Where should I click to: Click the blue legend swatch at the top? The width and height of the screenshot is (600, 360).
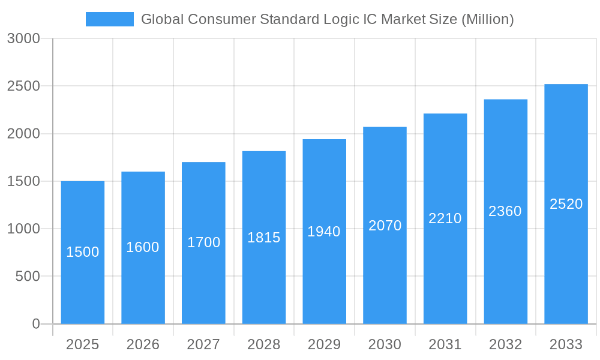tap(109, 19)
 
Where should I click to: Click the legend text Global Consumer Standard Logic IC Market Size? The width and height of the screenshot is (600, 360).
tap(327, 19)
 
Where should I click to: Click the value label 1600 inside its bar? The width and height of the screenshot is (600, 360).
tap(143, 247)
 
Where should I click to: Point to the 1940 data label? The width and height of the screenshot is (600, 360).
tap(324, 232)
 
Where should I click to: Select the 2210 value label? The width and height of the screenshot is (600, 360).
tap(445, 218)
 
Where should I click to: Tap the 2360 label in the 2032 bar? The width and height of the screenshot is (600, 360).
tap(505, 211)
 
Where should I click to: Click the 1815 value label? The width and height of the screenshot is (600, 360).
tap(264, 238)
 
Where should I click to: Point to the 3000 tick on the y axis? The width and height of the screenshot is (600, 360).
tap(23, 39)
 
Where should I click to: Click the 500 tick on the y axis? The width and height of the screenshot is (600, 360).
tap(28, 277)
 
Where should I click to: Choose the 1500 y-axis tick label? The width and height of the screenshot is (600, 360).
tap(23, 181)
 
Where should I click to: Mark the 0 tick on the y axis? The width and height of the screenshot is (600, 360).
tap(35, 324)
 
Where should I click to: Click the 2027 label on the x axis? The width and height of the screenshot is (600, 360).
tap(203, 344)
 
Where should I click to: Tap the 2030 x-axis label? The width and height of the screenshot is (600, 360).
tap(385, 344)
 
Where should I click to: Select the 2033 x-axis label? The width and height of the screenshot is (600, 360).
tap(566, 344)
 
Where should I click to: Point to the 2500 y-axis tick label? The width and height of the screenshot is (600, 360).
tap(23, 86)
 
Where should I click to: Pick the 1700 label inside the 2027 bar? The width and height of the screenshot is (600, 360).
tap(203, 242)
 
